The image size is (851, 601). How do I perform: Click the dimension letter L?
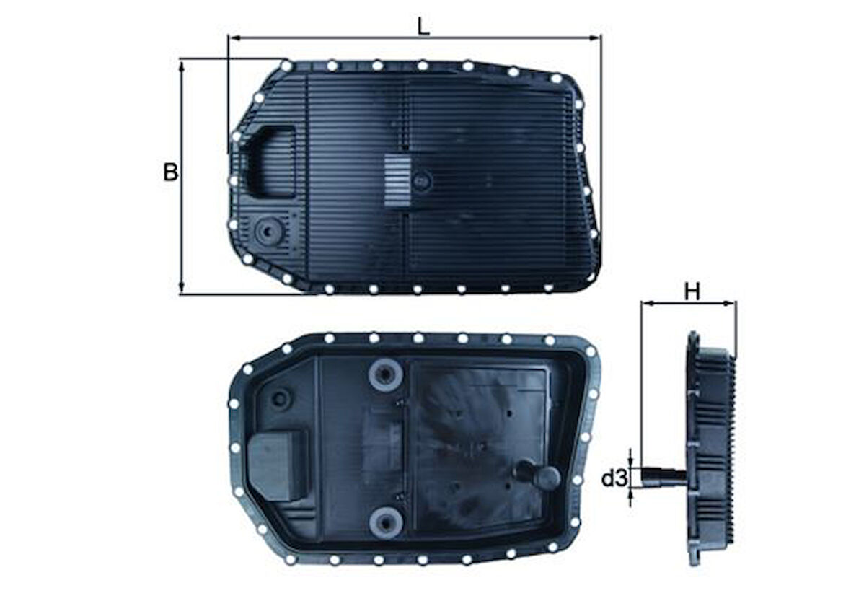(x=424, y=26)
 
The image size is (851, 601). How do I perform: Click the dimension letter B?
(x=170, y=172)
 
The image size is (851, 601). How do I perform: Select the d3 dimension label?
(x=614, y=478)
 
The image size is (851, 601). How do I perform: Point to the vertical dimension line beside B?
(x=181, y=216)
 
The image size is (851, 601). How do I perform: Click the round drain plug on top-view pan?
(x=267, y=232)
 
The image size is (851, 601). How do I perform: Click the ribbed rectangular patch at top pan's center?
(x=396, y=180)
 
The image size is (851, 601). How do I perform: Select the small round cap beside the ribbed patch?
(x=423, y=180)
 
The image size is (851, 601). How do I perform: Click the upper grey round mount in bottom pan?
(x=385, y=374)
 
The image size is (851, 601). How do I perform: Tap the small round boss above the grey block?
(x=282, y=397)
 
